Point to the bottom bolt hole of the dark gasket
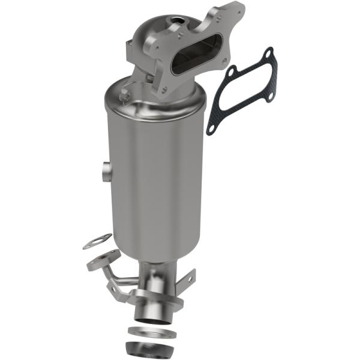211,127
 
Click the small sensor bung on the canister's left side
104,172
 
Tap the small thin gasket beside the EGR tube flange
97,241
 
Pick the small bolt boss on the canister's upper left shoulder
125,95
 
